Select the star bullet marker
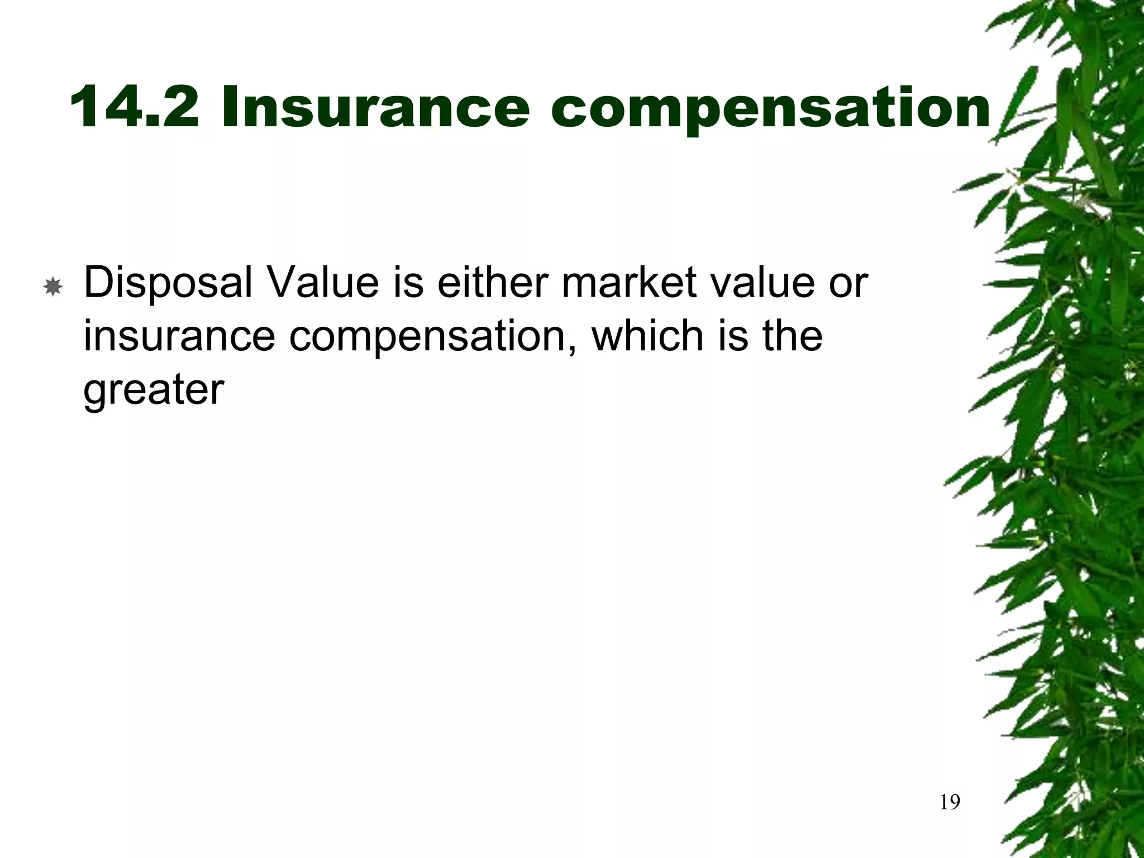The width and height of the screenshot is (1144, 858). click(x=53, y=288)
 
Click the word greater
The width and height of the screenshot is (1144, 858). click(x=154, y=390)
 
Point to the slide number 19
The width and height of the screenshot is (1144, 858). click(x=950, y=803)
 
